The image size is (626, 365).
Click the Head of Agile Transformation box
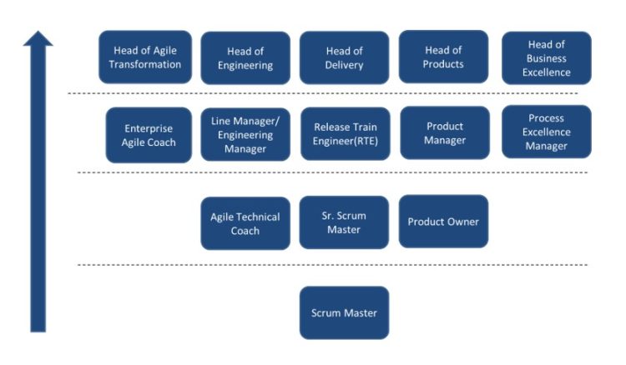(x=145, y=57)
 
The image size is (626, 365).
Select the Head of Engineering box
(x=245, y=58)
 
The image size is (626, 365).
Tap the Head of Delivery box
(x=344, y=57)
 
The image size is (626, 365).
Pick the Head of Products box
(x=443, y=57)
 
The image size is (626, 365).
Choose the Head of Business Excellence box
(x=546, y=58)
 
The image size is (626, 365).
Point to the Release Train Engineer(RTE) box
(x=344, y=133)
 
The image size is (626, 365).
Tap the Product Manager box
(x=443, y=133)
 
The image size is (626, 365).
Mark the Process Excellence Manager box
(x=546, y=132)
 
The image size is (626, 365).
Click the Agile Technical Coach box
(x=245, y=223)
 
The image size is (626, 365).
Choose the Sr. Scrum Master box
(x=344, y=222)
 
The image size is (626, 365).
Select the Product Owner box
(x=443, y=222)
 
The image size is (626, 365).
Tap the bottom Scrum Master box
(x=344, y=312)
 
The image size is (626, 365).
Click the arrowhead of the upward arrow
(x=38, y=38)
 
